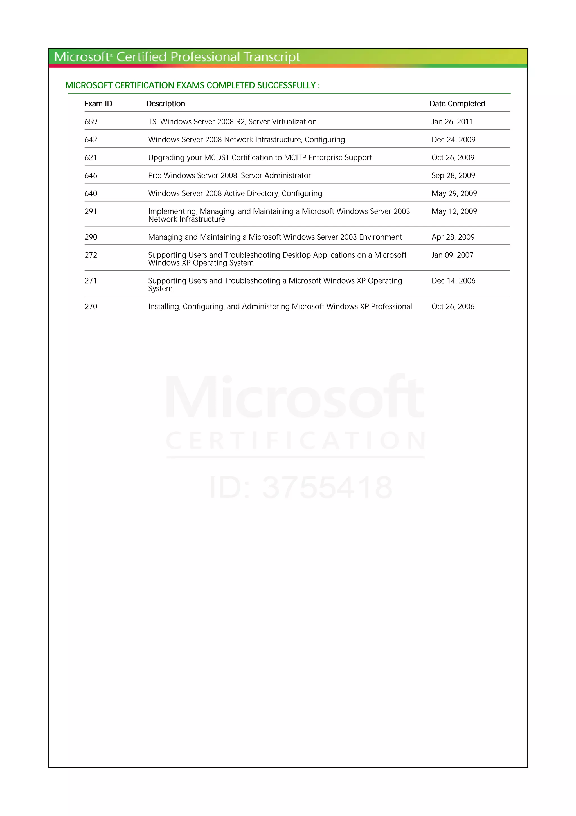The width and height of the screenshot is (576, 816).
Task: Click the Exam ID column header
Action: (98, 104)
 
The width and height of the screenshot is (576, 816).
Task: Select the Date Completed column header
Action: (457, 104)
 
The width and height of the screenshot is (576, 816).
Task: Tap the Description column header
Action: (166, 104)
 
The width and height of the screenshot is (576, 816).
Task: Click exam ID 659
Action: (91, 122)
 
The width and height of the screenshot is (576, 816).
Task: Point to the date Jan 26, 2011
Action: (452, 122)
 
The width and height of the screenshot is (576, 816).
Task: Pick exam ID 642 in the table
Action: (91, 140)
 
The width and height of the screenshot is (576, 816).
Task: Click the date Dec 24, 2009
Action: (453, 140)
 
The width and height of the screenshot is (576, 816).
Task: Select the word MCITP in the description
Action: (295, 158)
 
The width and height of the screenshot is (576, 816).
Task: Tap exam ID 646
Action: (91, 176)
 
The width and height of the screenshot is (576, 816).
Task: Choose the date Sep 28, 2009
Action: (453, 176)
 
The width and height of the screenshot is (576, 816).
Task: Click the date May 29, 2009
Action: (454, 194)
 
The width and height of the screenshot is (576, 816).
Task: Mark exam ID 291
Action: (91, 211)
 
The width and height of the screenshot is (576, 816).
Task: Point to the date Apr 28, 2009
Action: (453, 237)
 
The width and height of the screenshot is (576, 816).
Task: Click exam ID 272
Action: (91, 255)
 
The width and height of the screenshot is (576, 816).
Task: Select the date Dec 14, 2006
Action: (453, 281)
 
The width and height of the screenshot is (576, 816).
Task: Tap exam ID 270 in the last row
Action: (91, 307)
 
